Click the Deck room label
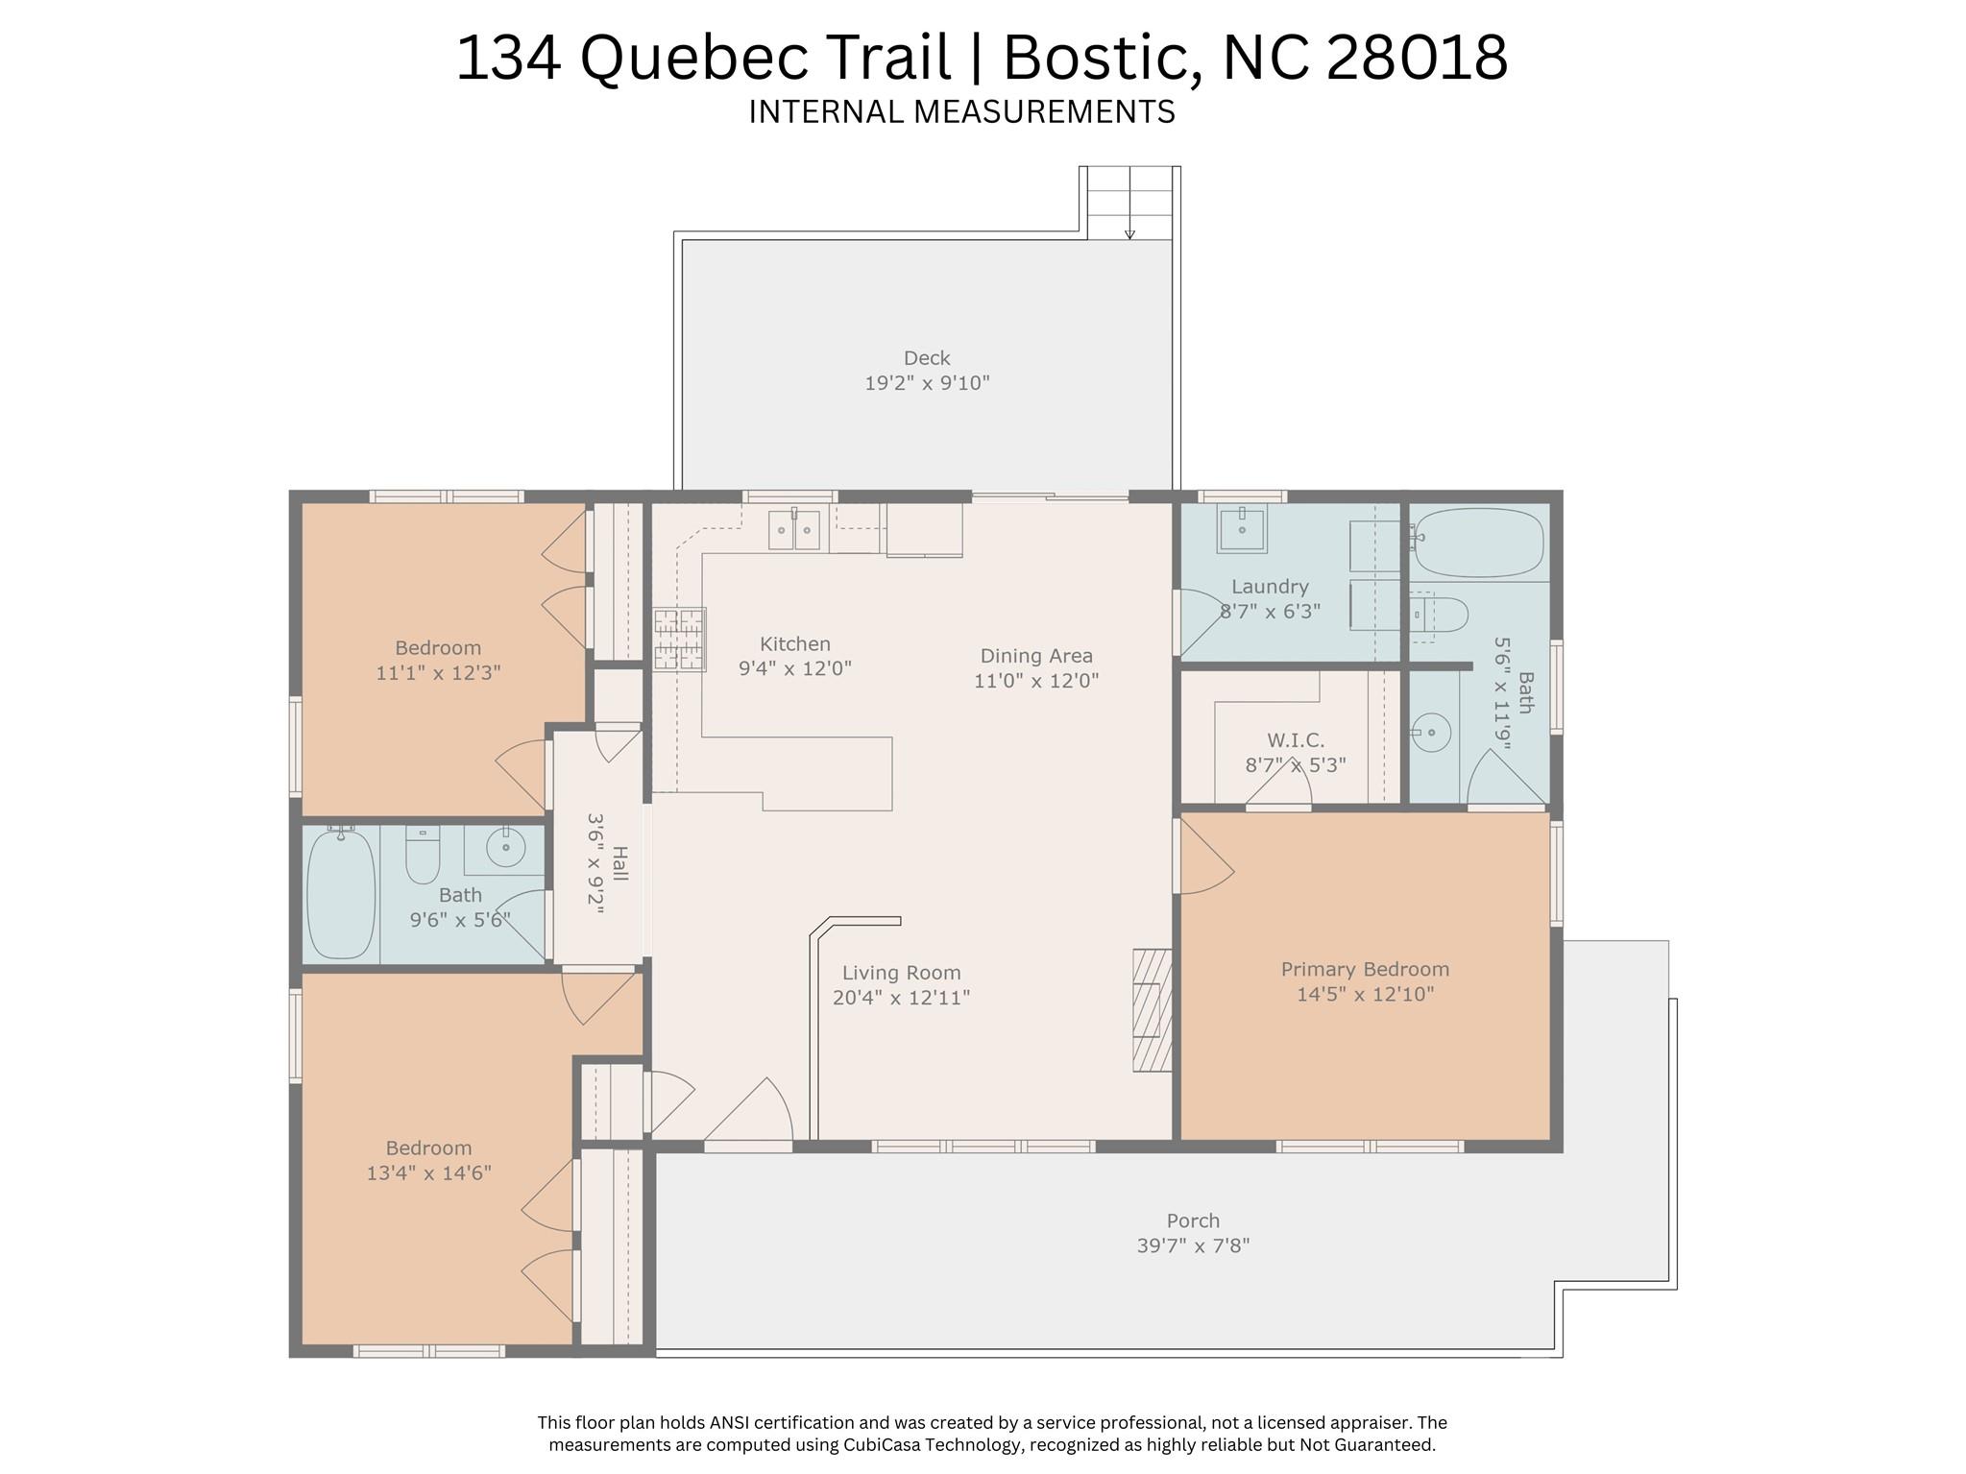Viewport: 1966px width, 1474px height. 927,358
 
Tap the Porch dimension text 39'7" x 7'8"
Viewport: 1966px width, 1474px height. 1193,1246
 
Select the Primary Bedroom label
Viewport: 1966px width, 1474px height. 1365,970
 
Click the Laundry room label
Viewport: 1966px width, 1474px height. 1270,587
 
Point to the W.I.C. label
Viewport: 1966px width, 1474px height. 1296,740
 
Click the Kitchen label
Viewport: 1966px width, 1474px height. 795,644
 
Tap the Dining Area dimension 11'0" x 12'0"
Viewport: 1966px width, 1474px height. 1036,681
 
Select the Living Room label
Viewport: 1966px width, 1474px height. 902,973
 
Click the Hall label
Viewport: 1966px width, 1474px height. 620,864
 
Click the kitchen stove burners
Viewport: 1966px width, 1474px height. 680,639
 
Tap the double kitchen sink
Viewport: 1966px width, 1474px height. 794,530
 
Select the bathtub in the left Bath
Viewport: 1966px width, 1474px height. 341,892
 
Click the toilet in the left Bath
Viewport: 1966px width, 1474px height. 423,854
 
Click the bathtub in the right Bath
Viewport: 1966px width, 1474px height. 1479,543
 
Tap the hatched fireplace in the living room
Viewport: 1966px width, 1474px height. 1153,1010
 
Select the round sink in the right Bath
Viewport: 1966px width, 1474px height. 1431,734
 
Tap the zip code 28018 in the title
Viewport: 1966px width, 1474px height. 1417,57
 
